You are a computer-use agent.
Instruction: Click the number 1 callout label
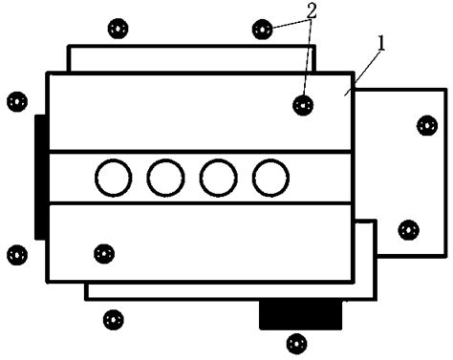click(382, 44)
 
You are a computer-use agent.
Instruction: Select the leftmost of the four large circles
click(113, 177)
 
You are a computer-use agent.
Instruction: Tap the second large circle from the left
click(165, 177)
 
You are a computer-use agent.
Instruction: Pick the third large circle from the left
click(218, 177)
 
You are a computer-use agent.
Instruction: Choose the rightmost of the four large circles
click(270, 177)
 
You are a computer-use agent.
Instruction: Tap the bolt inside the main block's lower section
click(104, 253)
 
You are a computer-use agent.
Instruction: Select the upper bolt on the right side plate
click(425, 124)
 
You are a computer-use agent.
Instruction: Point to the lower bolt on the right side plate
click(408, 229)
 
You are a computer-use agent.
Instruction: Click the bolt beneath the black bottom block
click(297, 341)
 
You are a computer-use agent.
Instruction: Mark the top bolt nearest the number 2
click(261, 29)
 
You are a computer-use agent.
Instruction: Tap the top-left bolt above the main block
click(116, 29)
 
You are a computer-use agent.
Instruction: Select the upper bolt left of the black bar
click(16, 99)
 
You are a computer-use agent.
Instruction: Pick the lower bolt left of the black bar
click(16, 254)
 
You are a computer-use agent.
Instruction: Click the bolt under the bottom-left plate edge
click(113, 319)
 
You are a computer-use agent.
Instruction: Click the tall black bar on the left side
click(39, 177)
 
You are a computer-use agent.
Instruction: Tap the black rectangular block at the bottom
click(301, 313)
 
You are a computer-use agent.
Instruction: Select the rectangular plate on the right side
click(401, 172)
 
